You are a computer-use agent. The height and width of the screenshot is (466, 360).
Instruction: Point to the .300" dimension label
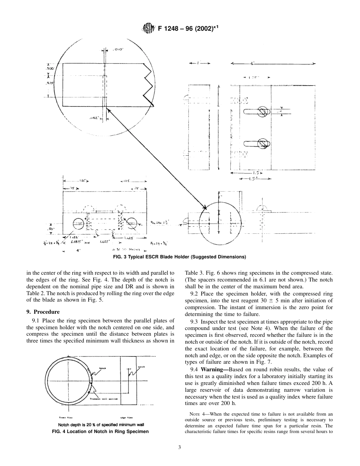coord(50,69)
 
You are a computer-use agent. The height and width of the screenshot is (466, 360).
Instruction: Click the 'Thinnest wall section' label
coord(103,399)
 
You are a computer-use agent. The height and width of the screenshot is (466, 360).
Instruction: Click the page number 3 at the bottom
coord(180,447)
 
